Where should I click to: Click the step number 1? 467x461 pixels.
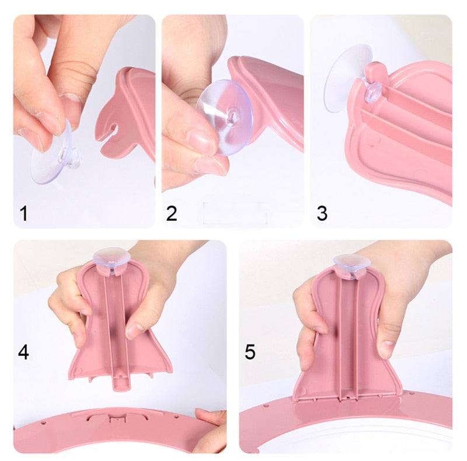point(24,213)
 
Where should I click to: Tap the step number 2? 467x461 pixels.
point(172,213)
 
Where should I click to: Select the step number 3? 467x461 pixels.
point(322,213)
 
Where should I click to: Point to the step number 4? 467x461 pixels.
point(23,352)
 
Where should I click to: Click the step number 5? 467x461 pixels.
point(250,352)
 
